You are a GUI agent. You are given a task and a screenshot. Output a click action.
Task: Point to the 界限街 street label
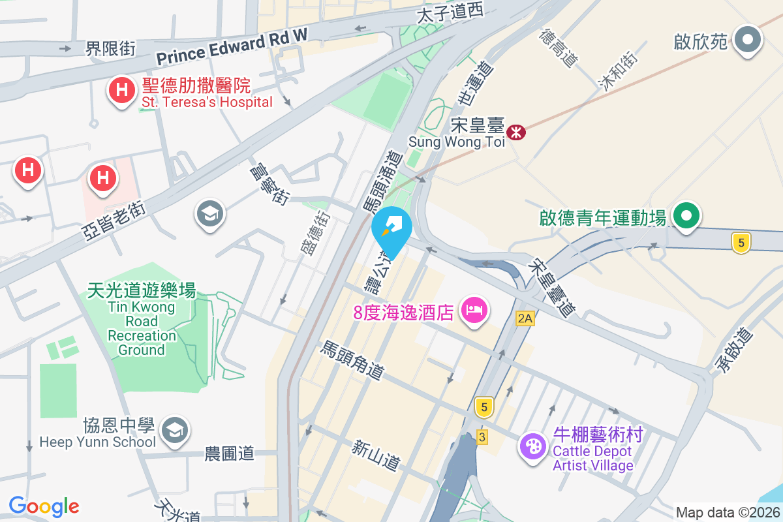[111, 48]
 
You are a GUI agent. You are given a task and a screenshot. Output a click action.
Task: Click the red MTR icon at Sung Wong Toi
[517, 132]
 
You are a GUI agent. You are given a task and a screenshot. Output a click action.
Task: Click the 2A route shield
[525, 318]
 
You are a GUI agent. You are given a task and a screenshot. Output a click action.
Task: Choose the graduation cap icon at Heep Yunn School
[175, 430]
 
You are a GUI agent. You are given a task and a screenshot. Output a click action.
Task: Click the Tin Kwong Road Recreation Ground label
[142, 321]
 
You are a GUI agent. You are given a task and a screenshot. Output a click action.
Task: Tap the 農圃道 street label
[229, 453]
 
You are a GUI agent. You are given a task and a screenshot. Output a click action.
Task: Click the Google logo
[44, 506]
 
